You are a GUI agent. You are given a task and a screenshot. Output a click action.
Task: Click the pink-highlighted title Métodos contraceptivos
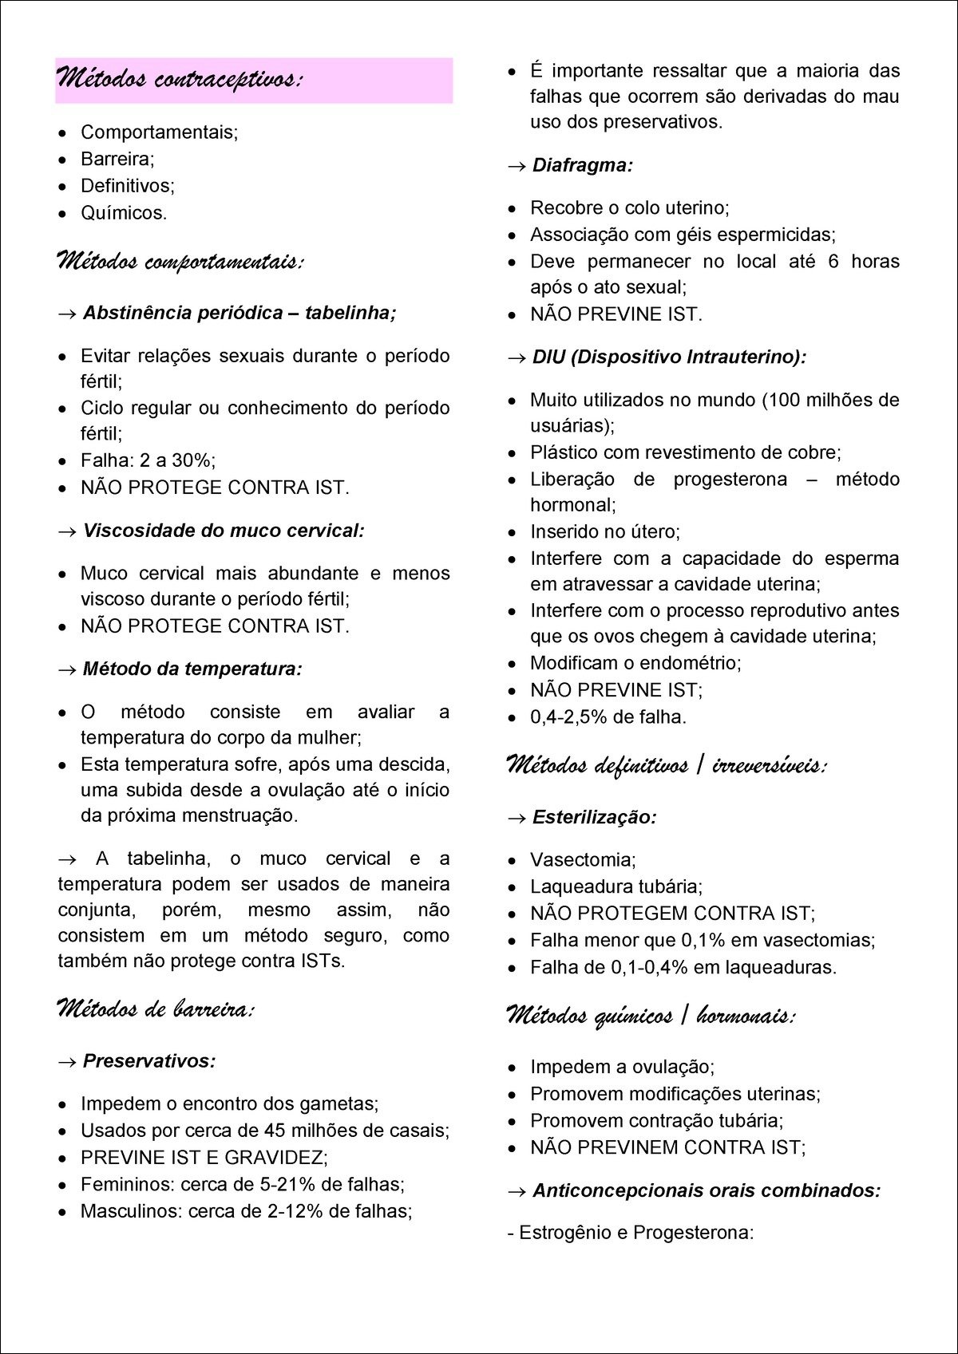click(180, 79)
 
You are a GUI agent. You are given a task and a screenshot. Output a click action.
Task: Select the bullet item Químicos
click(123, 213)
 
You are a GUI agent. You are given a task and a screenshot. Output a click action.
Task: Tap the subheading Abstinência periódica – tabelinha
click(239, 313)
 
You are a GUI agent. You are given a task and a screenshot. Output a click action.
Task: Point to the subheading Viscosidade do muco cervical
click(224, 531)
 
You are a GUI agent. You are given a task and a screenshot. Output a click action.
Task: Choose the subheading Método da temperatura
click(192, 669)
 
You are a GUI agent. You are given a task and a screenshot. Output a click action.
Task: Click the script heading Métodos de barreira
click(155, 1009)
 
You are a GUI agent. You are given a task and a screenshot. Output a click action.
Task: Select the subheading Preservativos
click(149, 1061)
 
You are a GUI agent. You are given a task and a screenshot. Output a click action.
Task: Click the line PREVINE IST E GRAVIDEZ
click(204, 1158)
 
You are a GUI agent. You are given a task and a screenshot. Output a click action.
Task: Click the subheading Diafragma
click(582, 165)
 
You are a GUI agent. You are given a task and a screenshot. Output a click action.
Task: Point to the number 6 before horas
click(833, 262)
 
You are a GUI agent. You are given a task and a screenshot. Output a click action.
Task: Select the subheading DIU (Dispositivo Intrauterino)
click(669, 357)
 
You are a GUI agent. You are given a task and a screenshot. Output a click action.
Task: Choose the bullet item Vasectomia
click(582, 860)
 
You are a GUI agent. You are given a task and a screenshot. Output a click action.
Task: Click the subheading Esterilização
click(594, 817)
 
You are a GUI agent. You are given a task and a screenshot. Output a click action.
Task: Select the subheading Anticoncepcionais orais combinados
click(707, 1190)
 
